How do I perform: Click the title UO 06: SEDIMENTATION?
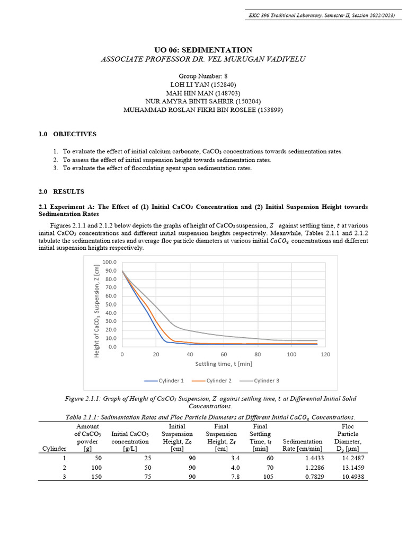pyautogui.click(x=203, y=50)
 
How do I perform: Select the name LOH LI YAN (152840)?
pyautogui.click(x=203, y=84)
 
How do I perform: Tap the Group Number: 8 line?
pyautogui.click(x=203, y=76)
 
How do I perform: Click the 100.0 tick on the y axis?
pyautogui.click(x=109, y=262)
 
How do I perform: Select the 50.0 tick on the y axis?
pyautogui.click(x=111, y=304)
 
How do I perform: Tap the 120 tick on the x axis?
pyautogui.click(x=325, y=354)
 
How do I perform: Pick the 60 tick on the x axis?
pyautogui.click(x=224, y=354)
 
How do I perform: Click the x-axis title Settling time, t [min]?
pyautogui.click(x=224, y=364)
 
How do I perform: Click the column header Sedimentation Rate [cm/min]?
pyautogui.click(x=303, y=445)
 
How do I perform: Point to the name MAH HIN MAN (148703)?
pyautogui.click(x=203, y=93)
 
